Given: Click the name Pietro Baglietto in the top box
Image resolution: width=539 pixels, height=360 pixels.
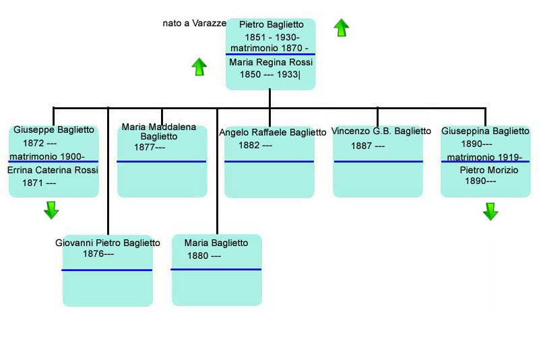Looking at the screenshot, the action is click(272, 25).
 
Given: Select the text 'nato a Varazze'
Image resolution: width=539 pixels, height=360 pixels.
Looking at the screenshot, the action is click(194, 24).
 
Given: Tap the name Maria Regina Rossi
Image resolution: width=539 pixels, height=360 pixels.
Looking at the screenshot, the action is click(271, 62).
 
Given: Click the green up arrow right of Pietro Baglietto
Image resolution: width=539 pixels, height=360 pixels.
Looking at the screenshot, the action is click(342, 28).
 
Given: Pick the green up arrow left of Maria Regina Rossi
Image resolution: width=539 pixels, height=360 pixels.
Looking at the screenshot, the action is click(199, 67).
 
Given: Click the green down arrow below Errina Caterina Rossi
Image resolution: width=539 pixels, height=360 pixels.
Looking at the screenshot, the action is click(51, 210).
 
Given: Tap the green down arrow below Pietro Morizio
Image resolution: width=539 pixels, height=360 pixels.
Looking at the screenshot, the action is click(490, 211).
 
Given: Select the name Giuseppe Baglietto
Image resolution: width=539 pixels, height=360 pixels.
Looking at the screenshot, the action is click(54, 130).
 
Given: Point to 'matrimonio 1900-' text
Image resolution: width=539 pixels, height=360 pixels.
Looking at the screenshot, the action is click(47, 157).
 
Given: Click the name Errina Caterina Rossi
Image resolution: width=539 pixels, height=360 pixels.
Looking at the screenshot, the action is click(53, 170).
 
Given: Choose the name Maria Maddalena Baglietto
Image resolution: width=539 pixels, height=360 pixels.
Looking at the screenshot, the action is click(159, 131).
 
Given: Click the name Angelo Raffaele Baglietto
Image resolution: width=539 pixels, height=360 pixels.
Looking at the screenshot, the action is click(273, 132).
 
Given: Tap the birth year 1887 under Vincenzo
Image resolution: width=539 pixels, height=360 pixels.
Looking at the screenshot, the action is click(361, 146).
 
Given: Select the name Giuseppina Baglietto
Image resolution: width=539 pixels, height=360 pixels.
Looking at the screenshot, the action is click(485, 131).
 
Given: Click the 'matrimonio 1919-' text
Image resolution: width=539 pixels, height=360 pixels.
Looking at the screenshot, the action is click(484, 158).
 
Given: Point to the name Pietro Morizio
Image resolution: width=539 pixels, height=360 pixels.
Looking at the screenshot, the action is click(489, 170).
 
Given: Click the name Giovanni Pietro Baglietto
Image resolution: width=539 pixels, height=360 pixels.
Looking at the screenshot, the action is click(108, 243).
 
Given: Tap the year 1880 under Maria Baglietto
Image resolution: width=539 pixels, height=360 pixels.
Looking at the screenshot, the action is click(197, 256).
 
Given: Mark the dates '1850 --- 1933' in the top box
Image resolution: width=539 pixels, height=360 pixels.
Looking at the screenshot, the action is click(269, 75).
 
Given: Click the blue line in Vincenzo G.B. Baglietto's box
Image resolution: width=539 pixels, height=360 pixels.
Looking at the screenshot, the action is click(378, 161).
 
